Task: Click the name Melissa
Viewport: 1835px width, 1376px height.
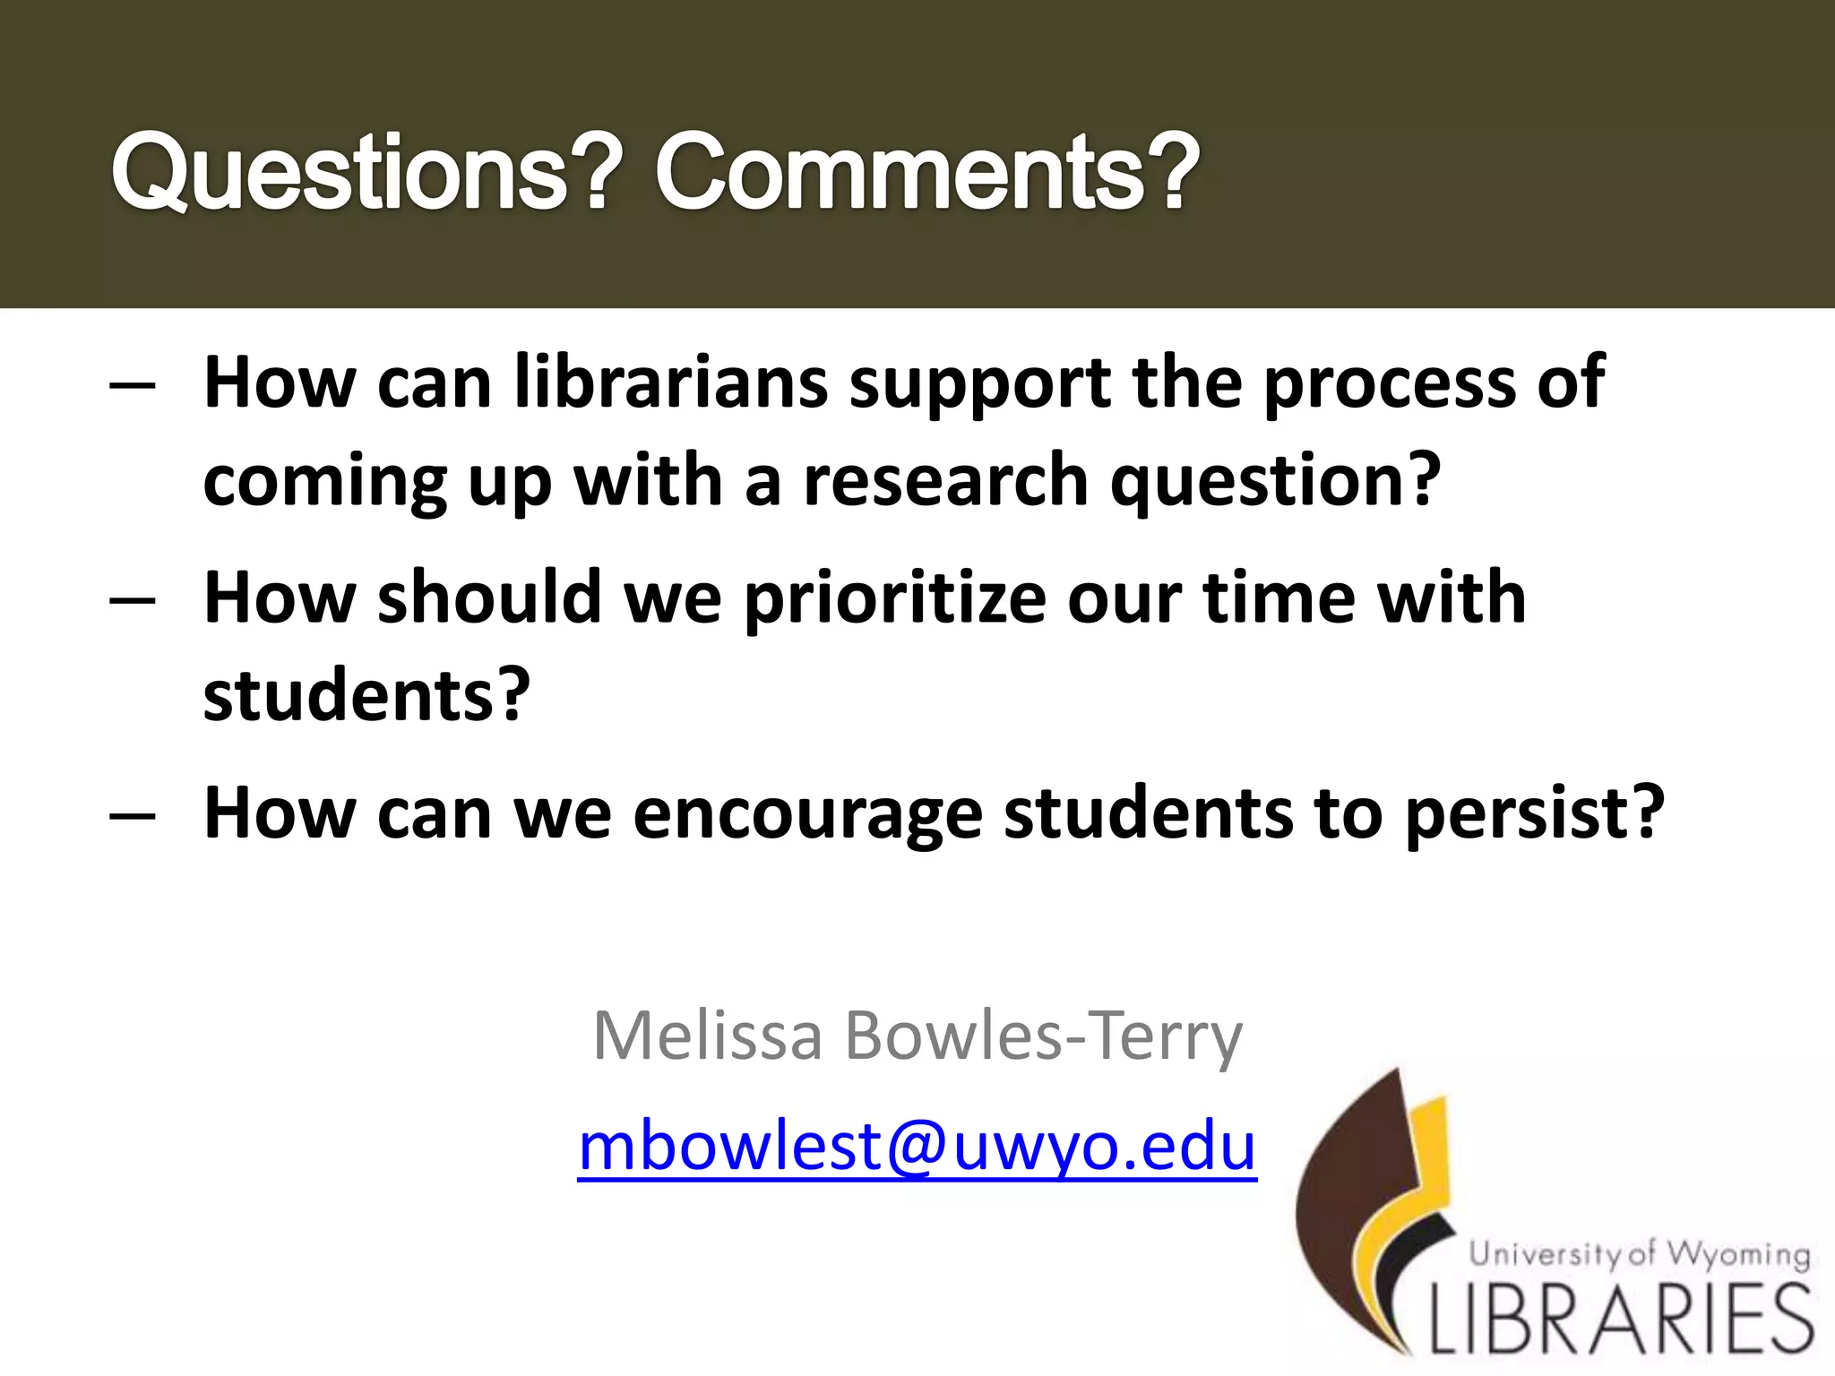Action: click(x=708, y=1036)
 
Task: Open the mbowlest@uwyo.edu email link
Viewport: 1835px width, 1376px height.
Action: click(x=917, y=1148)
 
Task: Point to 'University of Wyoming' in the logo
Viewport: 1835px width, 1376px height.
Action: click(x=1639, y=1255)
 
